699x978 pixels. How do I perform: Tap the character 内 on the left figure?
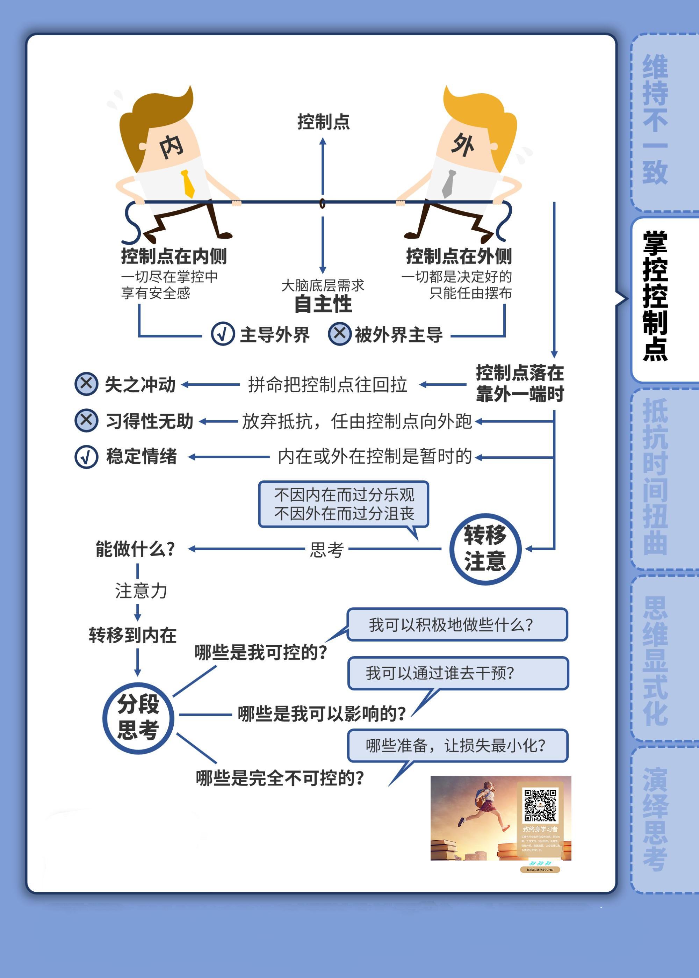pos(171,147)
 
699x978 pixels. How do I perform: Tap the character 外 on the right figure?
pos(463,145)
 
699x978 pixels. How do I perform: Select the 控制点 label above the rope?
pos(323,122)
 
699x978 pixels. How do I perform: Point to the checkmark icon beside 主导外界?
pos(223,334)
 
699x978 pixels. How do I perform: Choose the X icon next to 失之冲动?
pos(86,384)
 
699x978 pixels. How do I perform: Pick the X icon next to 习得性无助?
pos(86,420)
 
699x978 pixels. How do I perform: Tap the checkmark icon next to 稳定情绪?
pos(86,457)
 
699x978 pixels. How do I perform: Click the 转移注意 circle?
pos(485,549)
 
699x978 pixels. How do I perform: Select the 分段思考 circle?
pos(138,718)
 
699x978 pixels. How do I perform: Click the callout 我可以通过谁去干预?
pos(457,673)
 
